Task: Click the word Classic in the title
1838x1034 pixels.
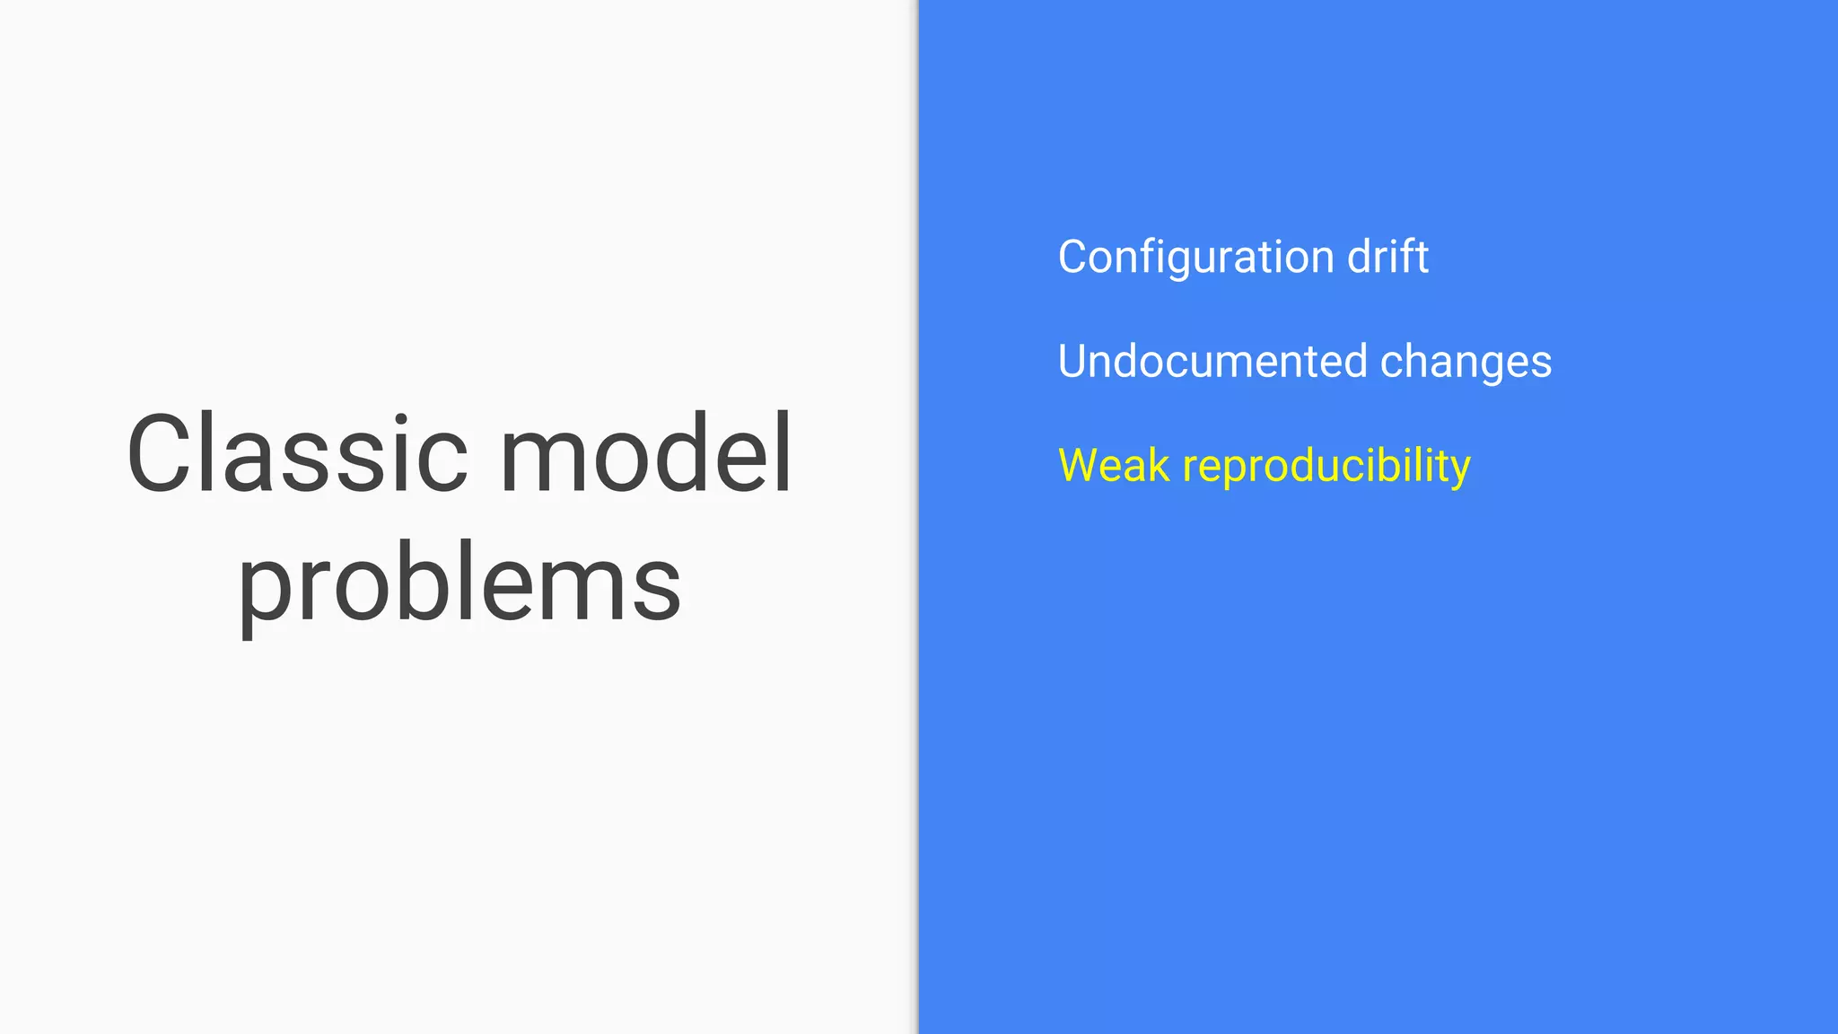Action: click(296, 454)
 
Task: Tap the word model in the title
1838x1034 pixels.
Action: click(646, 454)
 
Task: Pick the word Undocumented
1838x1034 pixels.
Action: click(1212, 362)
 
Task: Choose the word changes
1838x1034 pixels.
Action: click(1466, 362)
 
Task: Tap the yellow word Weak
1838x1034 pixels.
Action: click(1114, 466)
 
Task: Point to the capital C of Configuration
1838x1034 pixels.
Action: click(1074, 258)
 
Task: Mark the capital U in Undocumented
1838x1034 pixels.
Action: click(1074, 362)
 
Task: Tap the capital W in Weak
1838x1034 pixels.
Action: click(1080, 466)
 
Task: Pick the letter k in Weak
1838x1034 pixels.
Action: click(1159, 466)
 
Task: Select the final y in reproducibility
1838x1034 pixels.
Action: click(1459, 472)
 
